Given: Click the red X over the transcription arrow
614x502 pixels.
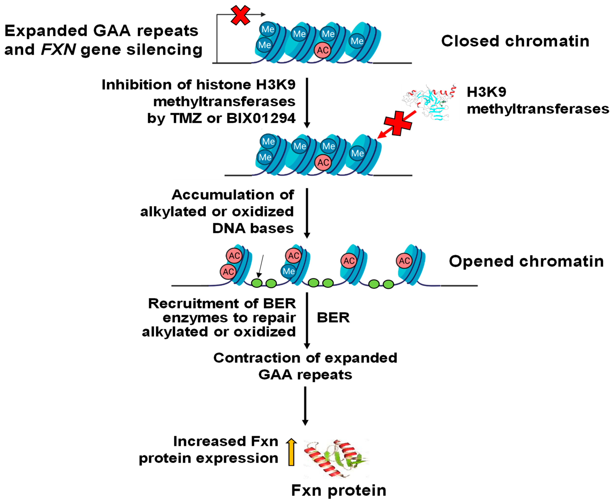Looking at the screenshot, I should click(240, 15).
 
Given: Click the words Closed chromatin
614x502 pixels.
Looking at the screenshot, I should click(515, 41).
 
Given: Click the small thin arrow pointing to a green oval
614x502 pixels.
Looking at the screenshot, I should click(261, 266).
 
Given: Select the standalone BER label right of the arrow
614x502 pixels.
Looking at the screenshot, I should click(333, 318).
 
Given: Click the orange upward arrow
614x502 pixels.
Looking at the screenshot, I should click(291, 452).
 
